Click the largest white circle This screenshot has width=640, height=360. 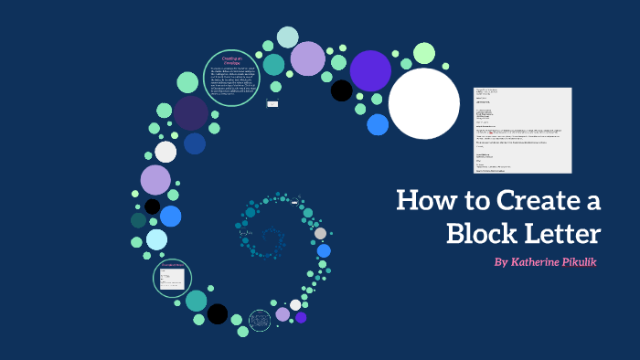point(424,103)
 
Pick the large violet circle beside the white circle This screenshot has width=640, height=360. point(370,70)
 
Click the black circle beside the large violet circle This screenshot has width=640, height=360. point(341,90)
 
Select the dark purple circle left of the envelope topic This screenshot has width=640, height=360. point(191,113)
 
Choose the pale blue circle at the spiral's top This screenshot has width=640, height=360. point(288,37)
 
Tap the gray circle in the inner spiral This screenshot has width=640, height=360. point(320,233)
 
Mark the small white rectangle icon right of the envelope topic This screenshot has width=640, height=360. point(272,103)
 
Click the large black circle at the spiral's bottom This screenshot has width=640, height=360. point(217,313)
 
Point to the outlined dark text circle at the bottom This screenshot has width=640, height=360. point(260,320)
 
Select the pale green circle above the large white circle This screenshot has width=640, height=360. point(423,53)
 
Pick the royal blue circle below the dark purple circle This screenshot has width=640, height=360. point(195,143)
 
